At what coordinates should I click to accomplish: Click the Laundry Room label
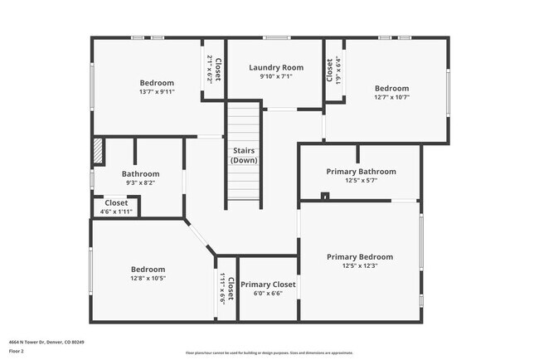(x=276, y=67)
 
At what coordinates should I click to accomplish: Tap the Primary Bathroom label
(x=361, y=172)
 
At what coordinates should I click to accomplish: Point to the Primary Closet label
(x=268, y=285)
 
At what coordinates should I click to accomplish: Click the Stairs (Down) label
(x=243, y=155)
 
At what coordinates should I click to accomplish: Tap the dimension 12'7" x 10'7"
(x=391, y=97)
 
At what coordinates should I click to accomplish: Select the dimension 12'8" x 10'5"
(x=148, y=279)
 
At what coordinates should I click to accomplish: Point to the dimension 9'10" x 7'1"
(x=276, y=77)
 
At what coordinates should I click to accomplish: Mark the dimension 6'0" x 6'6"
(x=268, y=294)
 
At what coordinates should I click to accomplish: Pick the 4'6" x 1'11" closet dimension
(x=116, y=212)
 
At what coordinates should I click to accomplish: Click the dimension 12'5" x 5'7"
(x=361, y=181)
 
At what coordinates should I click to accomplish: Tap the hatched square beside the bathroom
(x=98, y=150)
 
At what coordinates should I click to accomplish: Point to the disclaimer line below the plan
(x=269, y=353)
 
